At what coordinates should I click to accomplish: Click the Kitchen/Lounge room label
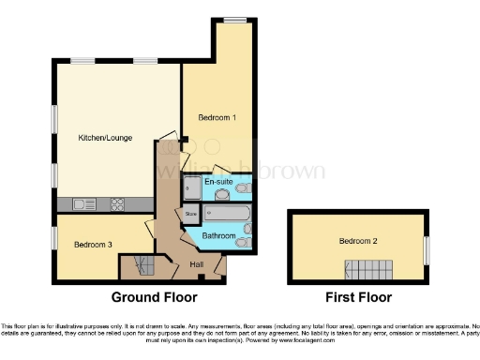[105, 138]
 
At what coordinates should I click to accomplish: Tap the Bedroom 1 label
[217, 117]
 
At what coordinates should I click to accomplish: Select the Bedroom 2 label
[358, 241]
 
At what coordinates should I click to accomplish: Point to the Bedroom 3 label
[93, 245]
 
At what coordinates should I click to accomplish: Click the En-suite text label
[218, 181]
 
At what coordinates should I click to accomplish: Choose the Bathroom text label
[218, 235]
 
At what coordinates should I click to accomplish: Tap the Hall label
[197, 265]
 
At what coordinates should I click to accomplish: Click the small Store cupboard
[191, 214]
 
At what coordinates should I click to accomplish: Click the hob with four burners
[119, 203]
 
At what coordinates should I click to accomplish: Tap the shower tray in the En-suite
[191, 187]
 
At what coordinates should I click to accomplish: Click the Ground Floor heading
[155, 297]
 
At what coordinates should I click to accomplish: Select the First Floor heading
[359, 297]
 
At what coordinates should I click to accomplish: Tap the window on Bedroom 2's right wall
[427, 249]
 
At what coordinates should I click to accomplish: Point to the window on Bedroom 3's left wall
[53, 237]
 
